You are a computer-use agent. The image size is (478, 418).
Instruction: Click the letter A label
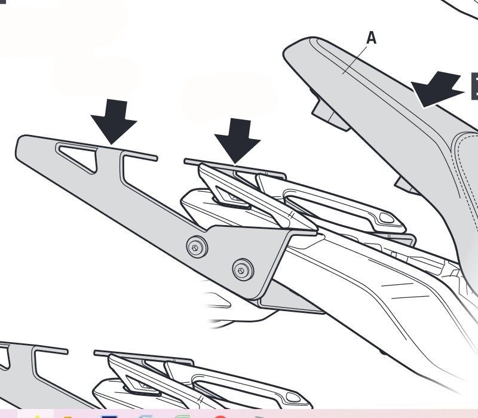point(371,38)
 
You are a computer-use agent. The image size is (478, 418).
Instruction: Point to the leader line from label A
point(356,60)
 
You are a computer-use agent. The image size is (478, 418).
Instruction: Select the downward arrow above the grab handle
point(237,141)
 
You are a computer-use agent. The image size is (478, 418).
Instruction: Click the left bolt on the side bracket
point(197,247)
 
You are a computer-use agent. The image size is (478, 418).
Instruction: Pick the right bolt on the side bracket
point(243,270)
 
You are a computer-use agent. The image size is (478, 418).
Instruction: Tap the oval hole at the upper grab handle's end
point(387,217)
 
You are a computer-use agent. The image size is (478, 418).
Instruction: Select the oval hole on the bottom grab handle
point(293,397)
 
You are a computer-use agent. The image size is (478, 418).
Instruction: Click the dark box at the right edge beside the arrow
point(474,86)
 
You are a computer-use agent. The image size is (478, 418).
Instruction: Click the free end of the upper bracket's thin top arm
point(155,158)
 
